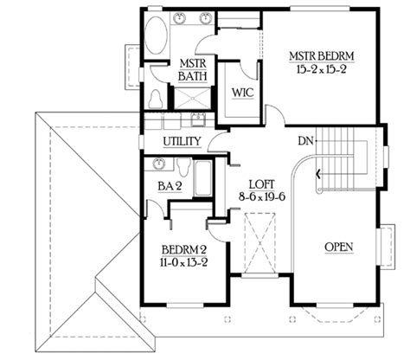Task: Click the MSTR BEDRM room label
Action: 322,56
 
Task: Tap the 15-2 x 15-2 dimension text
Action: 321,69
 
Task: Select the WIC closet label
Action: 243,93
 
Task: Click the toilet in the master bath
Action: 156,99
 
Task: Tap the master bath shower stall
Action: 192,99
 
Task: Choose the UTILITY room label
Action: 182,142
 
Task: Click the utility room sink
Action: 198,119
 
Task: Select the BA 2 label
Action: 170,186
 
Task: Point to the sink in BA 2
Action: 158,164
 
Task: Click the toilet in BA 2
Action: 184,166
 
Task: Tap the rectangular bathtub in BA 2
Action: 203,177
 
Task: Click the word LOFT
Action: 262,184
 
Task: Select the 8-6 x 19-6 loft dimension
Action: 262,196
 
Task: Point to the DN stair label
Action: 305,141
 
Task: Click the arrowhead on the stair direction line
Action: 318,174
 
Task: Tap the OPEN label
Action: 339,247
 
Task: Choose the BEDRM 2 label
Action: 184,250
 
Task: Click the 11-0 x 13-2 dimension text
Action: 184,262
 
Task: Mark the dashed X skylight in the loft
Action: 259,243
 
